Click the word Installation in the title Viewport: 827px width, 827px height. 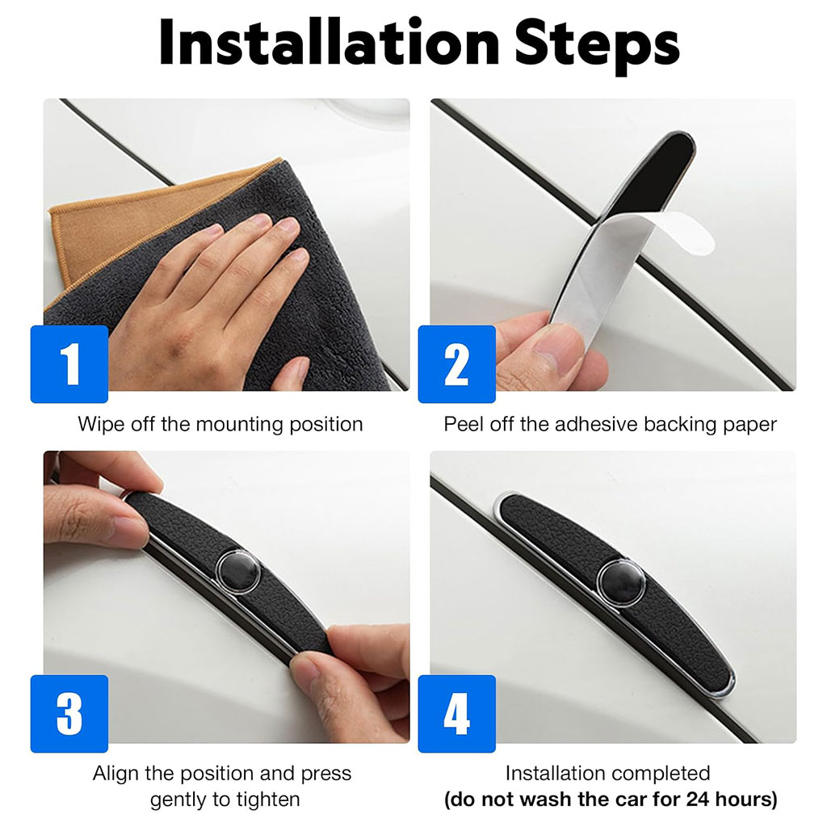coord(330,43)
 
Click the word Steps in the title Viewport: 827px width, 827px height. coord(597,45)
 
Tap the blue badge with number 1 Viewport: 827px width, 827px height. coord(69,364)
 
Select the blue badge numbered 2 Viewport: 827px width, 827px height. coord(457,364)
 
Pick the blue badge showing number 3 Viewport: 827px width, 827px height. coord(69,714)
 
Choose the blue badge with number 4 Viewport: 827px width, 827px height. coord(457,714)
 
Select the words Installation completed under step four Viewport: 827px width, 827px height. coord(607,774)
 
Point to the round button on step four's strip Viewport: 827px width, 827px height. coord(621,584)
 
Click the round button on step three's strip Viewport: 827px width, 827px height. coord(238,571)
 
